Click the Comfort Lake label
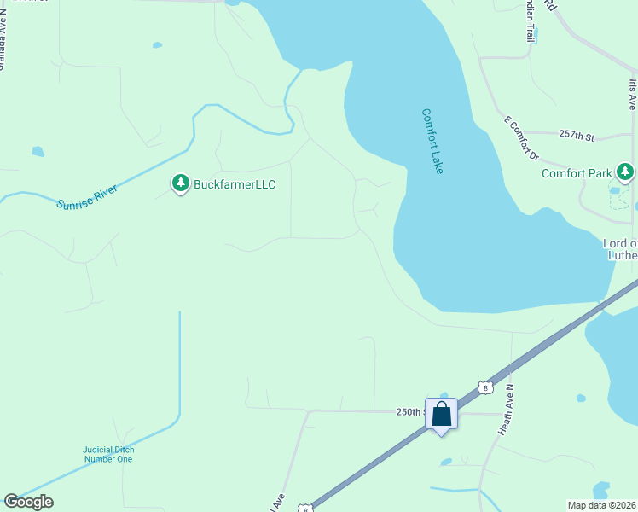click(432, 141)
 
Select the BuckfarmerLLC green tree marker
click(180, 183)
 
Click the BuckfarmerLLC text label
click(235, 184)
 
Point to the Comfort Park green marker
click(625, 172)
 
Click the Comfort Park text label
click(577, 173)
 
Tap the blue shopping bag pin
click(442, 415)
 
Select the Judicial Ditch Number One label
click(108, 454)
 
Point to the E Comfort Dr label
click(523, 139)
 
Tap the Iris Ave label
click(633, 94)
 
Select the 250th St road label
click(410, 411)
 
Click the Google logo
click(28, 502)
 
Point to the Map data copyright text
click(602, 504)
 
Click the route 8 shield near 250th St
click(484, 387)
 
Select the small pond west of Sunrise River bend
click(38, 152)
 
